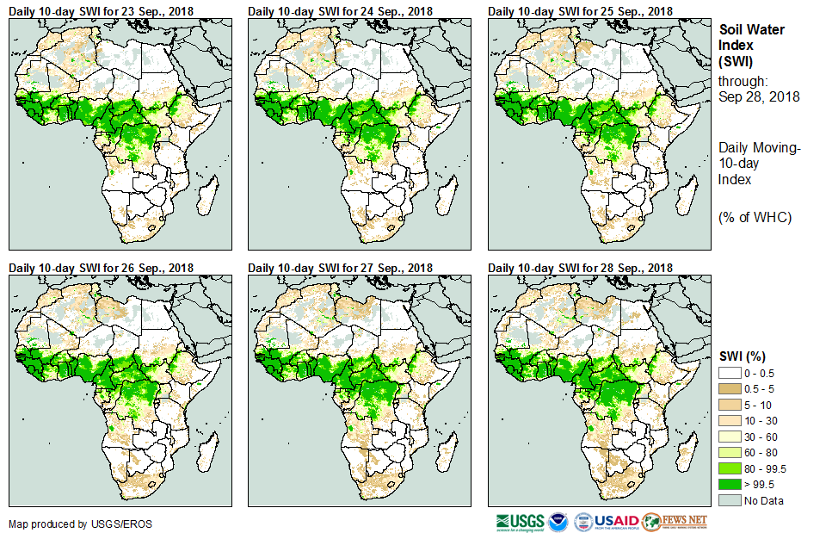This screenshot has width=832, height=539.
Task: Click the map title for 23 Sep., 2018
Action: pos(101,10)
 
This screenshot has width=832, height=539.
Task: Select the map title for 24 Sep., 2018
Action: pos(341,10)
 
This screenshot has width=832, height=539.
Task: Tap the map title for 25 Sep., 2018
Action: pos(581,10)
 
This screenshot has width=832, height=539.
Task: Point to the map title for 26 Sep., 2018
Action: pos(101,268)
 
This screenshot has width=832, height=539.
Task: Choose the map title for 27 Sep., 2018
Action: pos(341,268)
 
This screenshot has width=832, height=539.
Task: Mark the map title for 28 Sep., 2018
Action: pos(581,268)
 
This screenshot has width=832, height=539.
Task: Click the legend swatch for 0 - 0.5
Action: pos(730,371)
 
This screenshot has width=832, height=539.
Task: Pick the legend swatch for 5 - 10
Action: pos(730,404)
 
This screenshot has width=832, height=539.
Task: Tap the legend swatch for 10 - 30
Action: pos(730,420)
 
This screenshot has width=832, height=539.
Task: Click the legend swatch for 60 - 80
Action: pos(730,452)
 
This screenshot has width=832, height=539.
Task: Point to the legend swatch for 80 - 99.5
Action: pos(730,468)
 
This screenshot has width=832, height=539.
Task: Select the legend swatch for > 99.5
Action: pos(730,485)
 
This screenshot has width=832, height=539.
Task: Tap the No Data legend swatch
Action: pos(730,500)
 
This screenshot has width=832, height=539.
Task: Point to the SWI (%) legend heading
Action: pos(742,356)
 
